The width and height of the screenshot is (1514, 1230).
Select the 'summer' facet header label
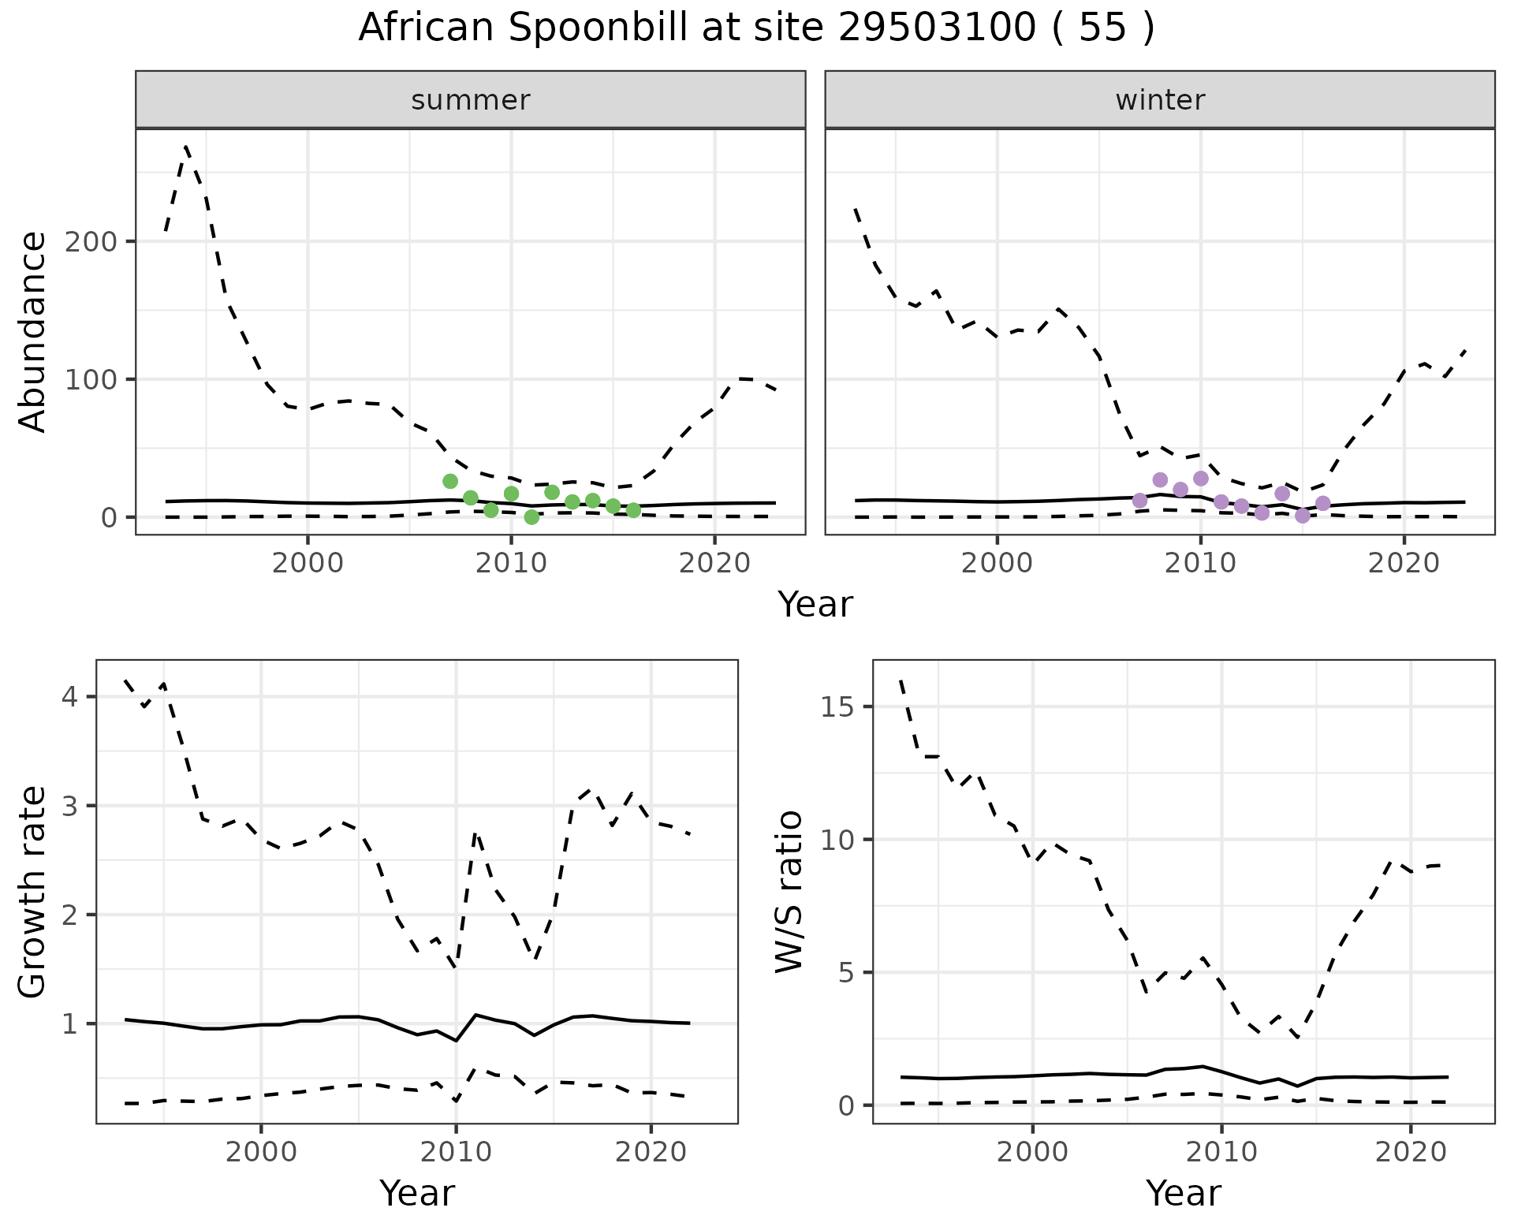(471, 100)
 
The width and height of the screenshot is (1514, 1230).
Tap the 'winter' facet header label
(1160, 100)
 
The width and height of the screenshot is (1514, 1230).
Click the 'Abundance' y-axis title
(32, 332)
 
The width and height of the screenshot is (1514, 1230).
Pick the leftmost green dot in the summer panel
(450, 481)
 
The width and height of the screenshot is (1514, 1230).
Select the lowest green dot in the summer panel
(531, 517)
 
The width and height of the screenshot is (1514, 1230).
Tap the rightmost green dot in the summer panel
(633, 510)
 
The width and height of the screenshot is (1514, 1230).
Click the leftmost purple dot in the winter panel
(1139, 501)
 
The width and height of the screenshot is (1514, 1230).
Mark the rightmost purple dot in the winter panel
(1323, 503)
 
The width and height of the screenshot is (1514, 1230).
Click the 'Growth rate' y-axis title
(32, 892)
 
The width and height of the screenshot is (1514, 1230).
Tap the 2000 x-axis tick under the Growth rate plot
(261, 1152)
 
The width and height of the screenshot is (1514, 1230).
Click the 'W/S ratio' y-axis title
(789, 892)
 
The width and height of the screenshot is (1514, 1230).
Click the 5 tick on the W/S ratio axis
(848, 972)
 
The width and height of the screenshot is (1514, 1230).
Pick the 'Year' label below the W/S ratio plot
(1183, 1193)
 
